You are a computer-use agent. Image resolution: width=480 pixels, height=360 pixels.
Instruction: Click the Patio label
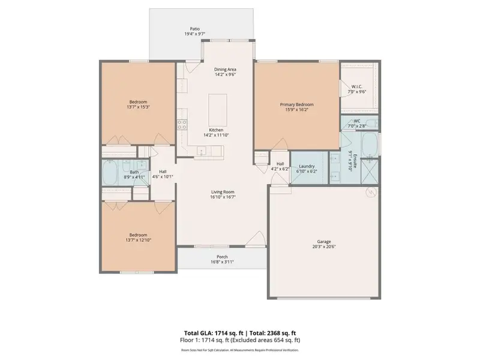pyautogui.click(x=194, y=28)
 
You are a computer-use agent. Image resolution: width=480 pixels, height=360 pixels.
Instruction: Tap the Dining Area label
pyautogui.click(x=225, y=70)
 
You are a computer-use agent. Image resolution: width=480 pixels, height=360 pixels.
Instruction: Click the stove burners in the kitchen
pyautogui.click(x=181, y=125)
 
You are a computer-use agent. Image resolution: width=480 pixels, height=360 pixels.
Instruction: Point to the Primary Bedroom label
pyautogui.click(x=296, y=104)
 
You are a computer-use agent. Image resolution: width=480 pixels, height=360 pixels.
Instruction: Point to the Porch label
pyautogui.click(x=221, y=256)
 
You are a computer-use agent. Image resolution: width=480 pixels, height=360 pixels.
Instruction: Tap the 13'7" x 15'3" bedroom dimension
pyautogui.click(x=137, y=107)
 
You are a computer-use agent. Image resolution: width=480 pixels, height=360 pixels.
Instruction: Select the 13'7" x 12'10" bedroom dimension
pyautogui.click(x=137, y=240)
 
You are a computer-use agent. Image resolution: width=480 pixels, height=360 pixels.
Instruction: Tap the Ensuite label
pyautogui.click(x=355, y=162)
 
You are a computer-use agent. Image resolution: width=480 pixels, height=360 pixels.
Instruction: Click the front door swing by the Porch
pyautogui.click(x=256, y=238)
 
